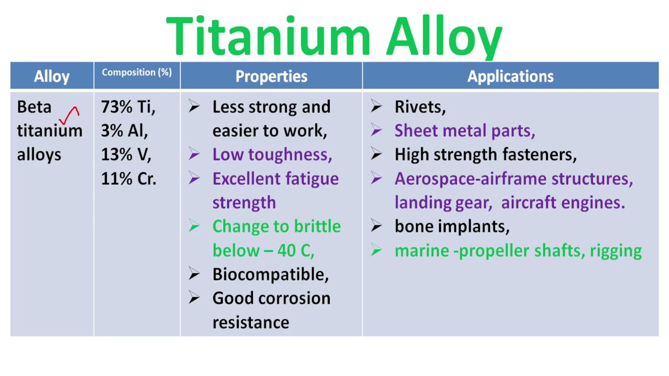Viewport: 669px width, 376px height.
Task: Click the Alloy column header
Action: coord(52,76)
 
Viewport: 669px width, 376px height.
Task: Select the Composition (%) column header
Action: coord(136,73)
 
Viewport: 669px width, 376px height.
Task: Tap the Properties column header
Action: coord(271,76)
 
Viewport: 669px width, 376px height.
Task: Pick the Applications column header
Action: coord(510,76)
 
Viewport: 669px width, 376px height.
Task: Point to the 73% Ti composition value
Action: coord(128,107)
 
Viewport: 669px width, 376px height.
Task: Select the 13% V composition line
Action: coord(126,155)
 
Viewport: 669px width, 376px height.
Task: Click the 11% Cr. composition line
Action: coord(129,179)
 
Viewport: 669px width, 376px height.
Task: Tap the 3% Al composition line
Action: coord(124,131)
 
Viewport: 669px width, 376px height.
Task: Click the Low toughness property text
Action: coord(272,155)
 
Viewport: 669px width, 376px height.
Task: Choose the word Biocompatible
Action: coord(270,275)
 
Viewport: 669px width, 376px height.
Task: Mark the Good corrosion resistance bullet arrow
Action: coord(194,298)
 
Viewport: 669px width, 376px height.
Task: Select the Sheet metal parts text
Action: coord(465,131)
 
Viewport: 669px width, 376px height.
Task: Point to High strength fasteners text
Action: coord(486,155)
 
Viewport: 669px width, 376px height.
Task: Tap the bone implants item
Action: coord(452,226)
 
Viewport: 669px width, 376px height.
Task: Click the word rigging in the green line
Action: coord(616,251)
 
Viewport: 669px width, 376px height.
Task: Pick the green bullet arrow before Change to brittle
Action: coord(194,226)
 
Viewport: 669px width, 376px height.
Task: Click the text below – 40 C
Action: coord(263,251)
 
